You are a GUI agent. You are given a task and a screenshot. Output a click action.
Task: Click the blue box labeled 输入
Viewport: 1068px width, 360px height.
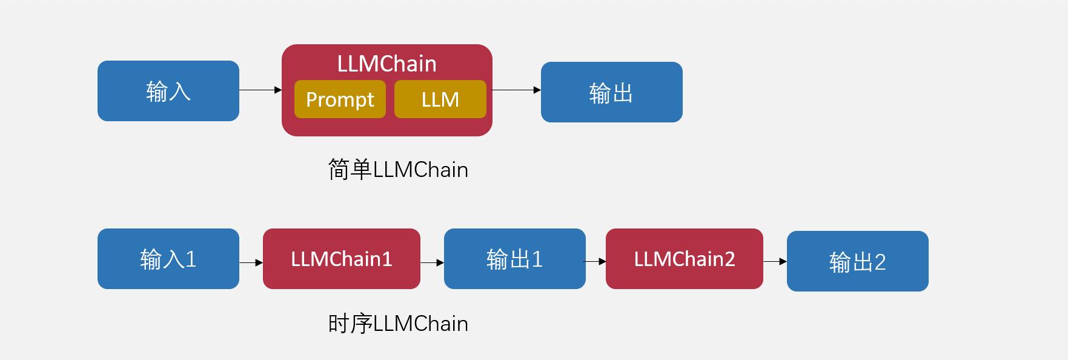pos(168,91)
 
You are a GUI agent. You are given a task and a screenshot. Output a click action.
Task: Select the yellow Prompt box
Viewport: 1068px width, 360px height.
pos(340,99)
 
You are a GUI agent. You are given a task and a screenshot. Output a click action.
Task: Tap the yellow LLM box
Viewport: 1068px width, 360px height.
pos(440,99)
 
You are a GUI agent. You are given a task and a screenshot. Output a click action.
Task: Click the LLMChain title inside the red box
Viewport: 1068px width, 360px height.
pos(386,64)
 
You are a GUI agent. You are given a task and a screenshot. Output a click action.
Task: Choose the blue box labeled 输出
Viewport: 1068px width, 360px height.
pos(611,92)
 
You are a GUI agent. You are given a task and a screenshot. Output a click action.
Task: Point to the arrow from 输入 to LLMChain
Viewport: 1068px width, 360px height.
pos(260,90)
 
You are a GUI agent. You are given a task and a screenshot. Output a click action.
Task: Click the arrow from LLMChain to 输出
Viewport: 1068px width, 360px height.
pos(516,90)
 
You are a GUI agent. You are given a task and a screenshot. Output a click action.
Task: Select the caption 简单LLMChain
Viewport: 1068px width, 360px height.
pos(398,170)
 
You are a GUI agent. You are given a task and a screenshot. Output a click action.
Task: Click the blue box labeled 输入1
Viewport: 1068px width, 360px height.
pos(168,259)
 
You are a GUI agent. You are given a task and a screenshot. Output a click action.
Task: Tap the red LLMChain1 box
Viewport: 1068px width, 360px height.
pos(341,259)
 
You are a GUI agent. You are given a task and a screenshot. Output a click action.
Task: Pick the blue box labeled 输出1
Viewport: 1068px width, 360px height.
pos(514,259)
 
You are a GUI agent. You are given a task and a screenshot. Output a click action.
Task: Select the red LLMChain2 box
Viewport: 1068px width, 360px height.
pos(684,259)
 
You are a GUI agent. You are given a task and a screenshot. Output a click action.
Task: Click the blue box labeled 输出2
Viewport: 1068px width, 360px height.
pos(857,261)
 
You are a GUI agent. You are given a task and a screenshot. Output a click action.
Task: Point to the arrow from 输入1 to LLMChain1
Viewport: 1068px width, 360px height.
pos(251,262)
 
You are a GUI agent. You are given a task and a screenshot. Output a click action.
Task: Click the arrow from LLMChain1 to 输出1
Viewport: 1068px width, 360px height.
pos(432,262)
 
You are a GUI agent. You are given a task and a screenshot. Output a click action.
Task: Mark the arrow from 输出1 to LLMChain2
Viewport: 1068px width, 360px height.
pos(595,261)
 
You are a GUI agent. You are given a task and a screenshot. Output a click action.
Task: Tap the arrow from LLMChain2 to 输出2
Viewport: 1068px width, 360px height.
pos(775,261)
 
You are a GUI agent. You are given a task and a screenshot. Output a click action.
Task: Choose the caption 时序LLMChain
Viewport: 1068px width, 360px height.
pos(398,324)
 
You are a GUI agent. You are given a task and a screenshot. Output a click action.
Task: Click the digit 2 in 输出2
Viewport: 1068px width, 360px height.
pos(880,262)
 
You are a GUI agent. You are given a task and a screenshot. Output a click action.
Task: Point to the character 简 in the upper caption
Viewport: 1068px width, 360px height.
pos(338,170)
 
